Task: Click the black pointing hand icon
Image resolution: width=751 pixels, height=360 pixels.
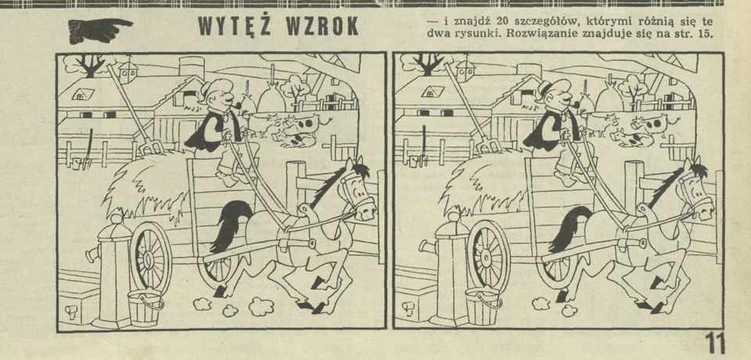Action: pos(99,30)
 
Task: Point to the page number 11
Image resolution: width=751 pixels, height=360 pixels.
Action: pos(714,344)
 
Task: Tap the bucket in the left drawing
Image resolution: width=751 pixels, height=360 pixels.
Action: pos(144,308)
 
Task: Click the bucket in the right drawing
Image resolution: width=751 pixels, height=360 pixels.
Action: pos(483,308)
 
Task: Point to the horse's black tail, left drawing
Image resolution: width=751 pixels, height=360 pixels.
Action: pos(229,225)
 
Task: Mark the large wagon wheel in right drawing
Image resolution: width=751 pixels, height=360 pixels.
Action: pos(488,257)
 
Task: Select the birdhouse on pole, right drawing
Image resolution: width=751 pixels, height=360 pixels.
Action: pos(465,71)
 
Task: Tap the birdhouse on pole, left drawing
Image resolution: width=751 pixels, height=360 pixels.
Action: pos(128,72)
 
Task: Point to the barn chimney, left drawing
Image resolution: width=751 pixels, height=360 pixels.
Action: pos(192,67)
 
